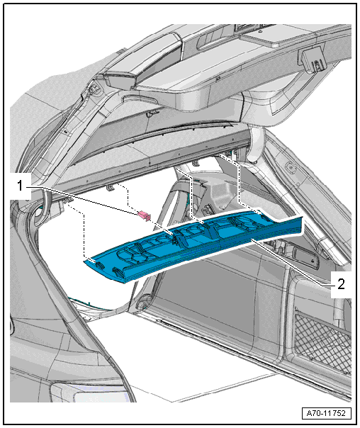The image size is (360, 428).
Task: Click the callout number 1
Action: pos(20,186)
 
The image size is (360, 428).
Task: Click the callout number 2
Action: pos(341,284)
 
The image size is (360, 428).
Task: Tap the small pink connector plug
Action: pos(145,215)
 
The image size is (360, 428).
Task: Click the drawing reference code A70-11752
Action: pos(326,413)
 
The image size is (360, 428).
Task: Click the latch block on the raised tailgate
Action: pos(313,60)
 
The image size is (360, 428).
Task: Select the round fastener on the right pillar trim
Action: pos(290,166)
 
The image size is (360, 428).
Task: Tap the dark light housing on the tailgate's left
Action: pos(120,80)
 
